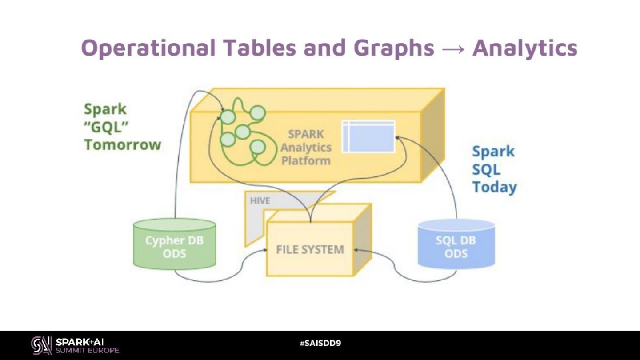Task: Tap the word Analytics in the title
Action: (524, 48)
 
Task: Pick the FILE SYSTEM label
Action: (310, 249)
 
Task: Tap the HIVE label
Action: (260, 200)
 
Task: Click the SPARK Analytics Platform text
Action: (306, 147)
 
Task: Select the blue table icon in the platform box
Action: (368, 136)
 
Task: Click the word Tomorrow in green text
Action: (123, 144)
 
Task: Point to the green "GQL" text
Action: (106, 127)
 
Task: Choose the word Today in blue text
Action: (494, 187)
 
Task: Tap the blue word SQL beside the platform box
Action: (486, 169)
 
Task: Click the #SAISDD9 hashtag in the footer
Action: (320, 343)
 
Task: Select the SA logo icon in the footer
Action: (41, 345)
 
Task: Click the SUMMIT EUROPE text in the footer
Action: (87, 350)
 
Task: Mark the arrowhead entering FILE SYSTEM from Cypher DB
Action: (264, 250)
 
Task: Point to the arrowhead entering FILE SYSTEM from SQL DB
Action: (356, 250)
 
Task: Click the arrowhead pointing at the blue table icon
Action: (397, 137)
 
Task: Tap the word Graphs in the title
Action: (390, 48)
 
